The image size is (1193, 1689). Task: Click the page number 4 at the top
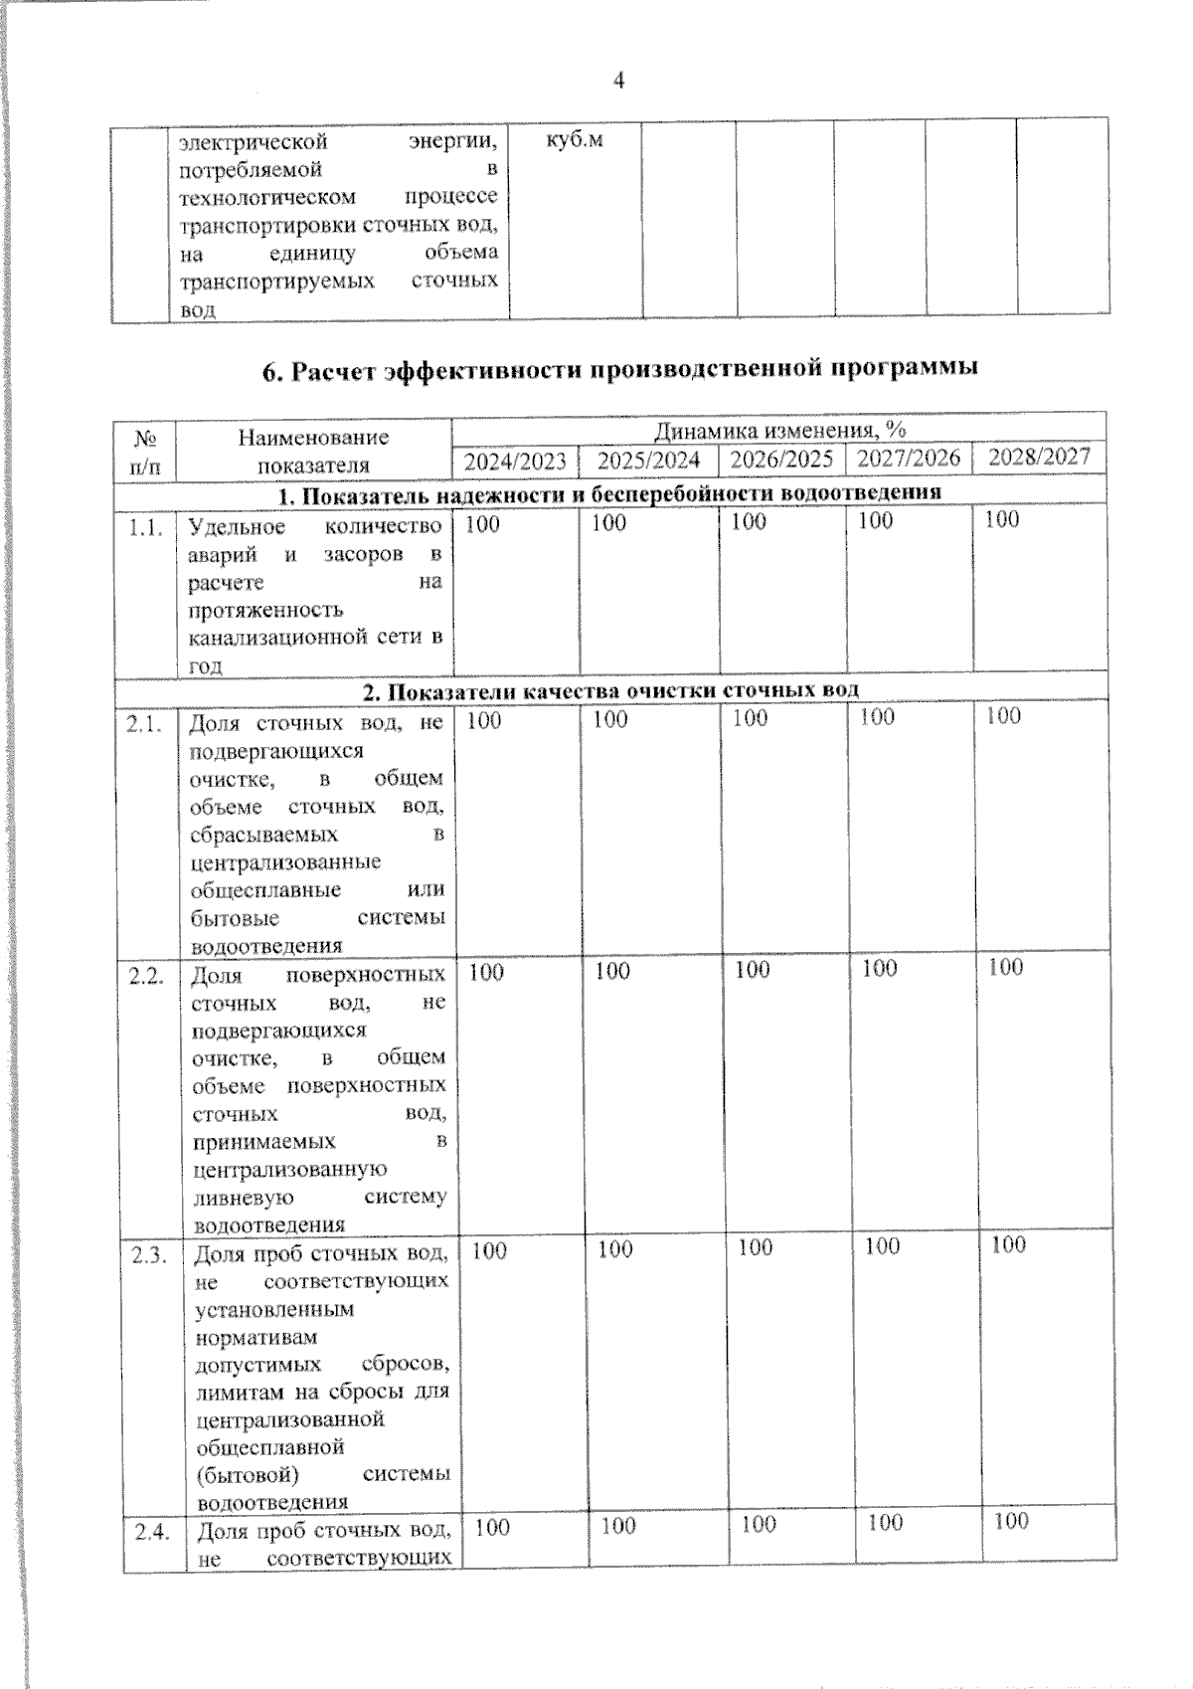pos(618,82)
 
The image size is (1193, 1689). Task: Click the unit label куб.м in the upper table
pos(575,141)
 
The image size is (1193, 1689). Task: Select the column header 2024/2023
pos(516,461)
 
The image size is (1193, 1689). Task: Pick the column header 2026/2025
pos(781,460)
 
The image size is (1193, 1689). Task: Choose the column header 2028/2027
pos(1040,457)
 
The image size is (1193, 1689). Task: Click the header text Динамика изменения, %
pos(779,431)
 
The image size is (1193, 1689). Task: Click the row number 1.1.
pos(145,528)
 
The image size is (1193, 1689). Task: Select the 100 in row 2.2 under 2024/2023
pos(486,972)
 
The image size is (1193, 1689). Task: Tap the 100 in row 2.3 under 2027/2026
pos(882,1246)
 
